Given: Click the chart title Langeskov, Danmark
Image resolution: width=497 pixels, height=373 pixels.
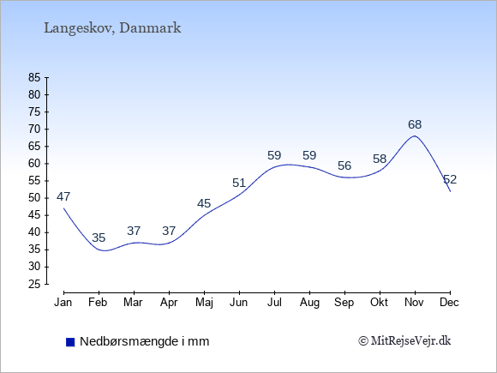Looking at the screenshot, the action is click(x=112, y=28).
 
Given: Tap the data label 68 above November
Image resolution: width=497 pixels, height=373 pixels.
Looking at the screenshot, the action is click(x=415, y=124).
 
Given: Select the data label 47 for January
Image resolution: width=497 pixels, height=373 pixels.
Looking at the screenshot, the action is click(x=63, y=197).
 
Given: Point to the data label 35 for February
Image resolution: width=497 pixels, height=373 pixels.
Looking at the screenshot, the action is click(x=99, y=238).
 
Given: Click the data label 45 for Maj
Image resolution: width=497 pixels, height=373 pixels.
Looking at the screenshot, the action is click(x=204, y=203).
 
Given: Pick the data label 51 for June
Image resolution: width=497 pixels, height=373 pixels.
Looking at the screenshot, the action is click(x=239, y=183).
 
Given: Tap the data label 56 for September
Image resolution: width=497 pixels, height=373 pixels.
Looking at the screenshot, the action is click(x=344, y=165).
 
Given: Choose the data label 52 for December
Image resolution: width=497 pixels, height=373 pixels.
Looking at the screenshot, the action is click(x=450, y=179).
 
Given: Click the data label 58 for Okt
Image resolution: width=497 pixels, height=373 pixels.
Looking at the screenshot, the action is click(x=380, y=159).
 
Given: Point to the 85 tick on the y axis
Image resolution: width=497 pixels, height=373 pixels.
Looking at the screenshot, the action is click(x=34, y=77).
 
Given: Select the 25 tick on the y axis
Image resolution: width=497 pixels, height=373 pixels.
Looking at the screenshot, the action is click(x=34, y=284).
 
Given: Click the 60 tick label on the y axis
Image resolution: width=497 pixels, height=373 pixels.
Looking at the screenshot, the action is click(x=34, y=164).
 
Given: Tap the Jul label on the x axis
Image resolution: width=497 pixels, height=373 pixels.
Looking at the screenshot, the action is click(x=274, y=303).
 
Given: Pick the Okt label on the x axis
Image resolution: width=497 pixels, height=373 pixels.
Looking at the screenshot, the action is click(x=380, y=303).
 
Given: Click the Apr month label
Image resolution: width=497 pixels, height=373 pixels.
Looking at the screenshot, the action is click(x=169, y=303).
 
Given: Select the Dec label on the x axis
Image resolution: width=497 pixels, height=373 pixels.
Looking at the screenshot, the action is click(x=450, y=303).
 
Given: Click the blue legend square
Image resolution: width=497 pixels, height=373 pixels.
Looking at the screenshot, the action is click(x=70, y=342).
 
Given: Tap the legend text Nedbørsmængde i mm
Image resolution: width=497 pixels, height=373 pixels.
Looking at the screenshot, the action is click(x=145, y=341).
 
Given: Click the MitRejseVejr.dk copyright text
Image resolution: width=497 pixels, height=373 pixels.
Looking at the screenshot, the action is click(x=404, y=341).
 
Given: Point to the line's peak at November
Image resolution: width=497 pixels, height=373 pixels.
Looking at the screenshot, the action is click(x=415, y=136).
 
